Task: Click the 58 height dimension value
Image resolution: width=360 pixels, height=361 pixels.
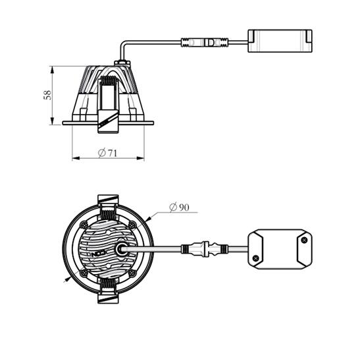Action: [x=47, y=95]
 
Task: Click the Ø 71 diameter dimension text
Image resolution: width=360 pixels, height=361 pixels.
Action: [x=108, y=153]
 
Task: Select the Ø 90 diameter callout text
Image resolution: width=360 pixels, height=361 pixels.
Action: [x=179, y=208]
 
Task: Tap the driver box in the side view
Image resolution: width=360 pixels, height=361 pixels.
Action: [x=280, y=41]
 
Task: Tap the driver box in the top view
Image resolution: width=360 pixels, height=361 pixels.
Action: [x=280, y=249]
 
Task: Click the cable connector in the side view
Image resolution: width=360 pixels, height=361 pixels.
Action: [x=205, y=42]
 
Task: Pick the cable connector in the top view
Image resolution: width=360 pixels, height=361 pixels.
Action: [x=205, y=249]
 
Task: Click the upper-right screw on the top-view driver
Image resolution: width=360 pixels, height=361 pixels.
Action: [x=304, y=240]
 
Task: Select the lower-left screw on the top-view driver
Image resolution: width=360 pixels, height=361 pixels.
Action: [x=255, y=258]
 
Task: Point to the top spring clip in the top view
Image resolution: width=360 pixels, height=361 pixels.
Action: [x=108, y=208]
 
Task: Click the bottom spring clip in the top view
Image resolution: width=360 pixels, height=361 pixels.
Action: [x=108, y=291]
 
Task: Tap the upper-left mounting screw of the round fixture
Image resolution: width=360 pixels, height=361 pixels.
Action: [x=84, y=225]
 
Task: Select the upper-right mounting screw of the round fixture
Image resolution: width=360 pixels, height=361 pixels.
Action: [x=132, y=225]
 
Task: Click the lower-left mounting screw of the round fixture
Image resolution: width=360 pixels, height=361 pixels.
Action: [x=84, y=273]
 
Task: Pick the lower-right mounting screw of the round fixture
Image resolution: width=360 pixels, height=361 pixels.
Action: [x=132, y=273]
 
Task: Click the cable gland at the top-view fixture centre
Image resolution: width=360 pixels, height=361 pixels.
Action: [x=121, y=249]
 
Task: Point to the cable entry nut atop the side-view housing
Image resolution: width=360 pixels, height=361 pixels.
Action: [x=122, y=63]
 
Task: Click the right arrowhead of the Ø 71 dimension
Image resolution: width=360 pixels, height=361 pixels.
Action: [x=140, y=158]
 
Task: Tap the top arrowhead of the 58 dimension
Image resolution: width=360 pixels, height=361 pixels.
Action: [x=52, y=70]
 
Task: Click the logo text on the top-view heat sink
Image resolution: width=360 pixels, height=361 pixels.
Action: [x=98, y=254]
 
